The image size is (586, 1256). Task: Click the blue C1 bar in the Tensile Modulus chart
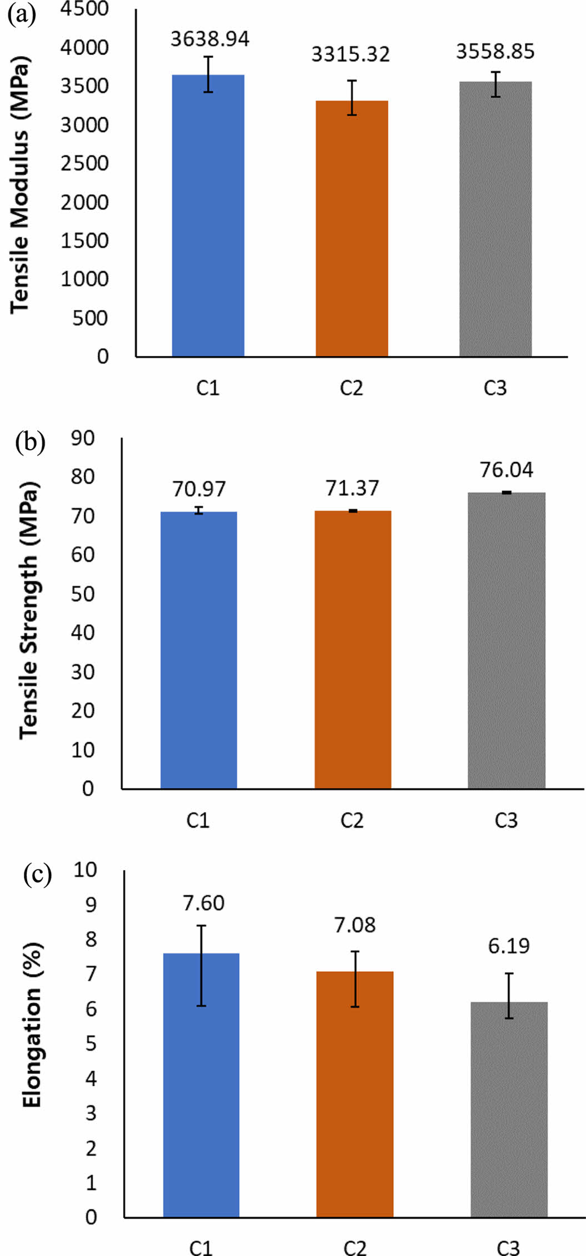[208, 217]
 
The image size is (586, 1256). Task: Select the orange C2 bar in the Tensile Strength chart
[353, 650]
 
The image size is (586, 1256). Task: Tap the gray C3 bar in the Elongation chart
[509, 1111]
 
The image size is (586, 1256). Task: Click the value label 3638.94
[209, 39]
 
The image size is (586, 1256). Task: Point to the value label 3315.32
[350, 54]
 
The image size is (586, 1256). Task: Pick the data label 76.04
[507, 470]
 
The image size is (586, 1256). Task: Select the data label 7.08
[355, 925]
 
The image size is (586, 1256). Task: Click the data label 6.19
[509, 946]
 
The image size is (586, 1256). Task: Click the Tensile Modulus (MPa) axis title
[20, 183]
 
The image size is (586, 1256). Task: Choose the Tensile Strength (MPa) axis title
[29, 611]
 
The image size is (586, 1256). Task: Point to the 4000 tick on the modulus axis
[84, 48]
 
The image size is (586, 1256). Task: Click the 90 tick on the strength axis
[83, 438]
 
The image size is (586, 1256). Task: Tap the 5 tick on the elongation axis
[91, 1043]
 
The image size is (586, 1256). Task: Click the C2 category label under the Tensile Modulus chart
[351, 388]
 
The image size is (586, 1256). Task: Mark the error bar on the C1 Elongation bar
[201, 966]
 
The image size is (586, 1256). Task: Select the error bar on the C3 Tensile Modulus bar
[495, 84]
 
